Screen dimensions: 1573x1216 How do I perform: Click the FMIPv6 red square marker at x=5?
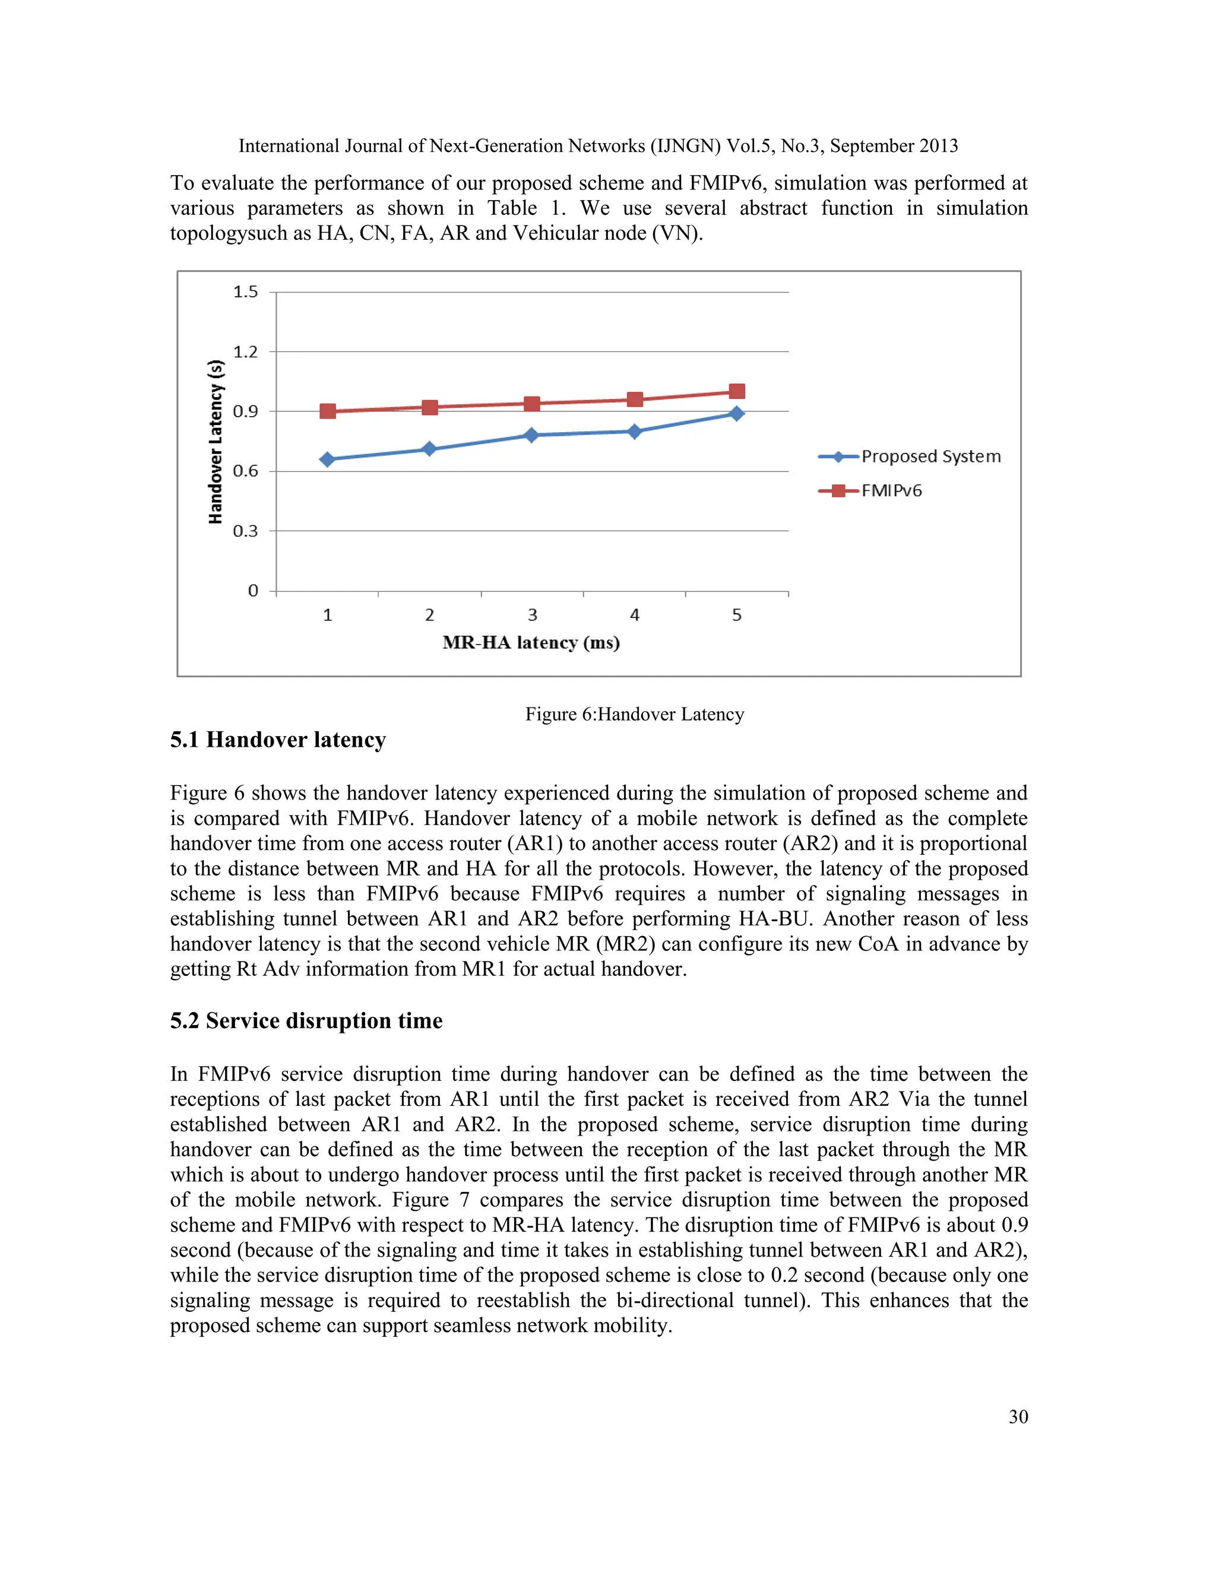736,391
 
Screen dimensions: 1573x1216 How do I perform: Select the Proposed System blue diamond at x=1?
327,459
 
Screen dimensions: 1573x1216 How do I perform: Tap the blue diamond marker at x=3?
531,435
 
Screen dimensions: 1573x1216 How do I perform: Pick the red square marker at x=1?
327,411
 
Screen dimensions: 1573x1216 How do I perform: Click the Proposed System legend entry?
909,456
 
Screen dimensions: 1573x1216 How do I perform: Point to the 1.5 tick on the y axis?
245,291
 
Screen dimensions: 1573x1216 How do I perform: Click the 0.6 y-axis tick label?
245,471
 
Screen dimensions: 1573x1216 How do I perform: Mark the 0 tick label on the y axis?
253,591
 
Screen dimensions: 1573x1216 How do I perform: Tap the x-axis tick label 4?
634,615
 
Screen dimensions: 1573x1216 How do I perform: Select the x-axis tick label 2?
429,615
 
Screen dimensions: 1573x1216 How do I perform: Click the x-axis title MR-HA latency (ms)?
531,642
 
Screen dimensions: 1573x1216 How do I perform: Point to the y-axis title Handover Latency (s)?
216,442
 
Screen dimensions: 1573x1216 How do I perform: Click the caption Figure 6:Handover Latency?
634,713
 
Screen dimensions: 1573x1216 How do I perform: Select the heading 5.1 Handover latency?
277,740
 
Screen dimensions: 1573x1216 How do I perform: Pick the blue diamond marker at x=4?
634,432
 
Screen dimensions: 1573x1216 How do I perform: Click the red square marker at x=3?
531,403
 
